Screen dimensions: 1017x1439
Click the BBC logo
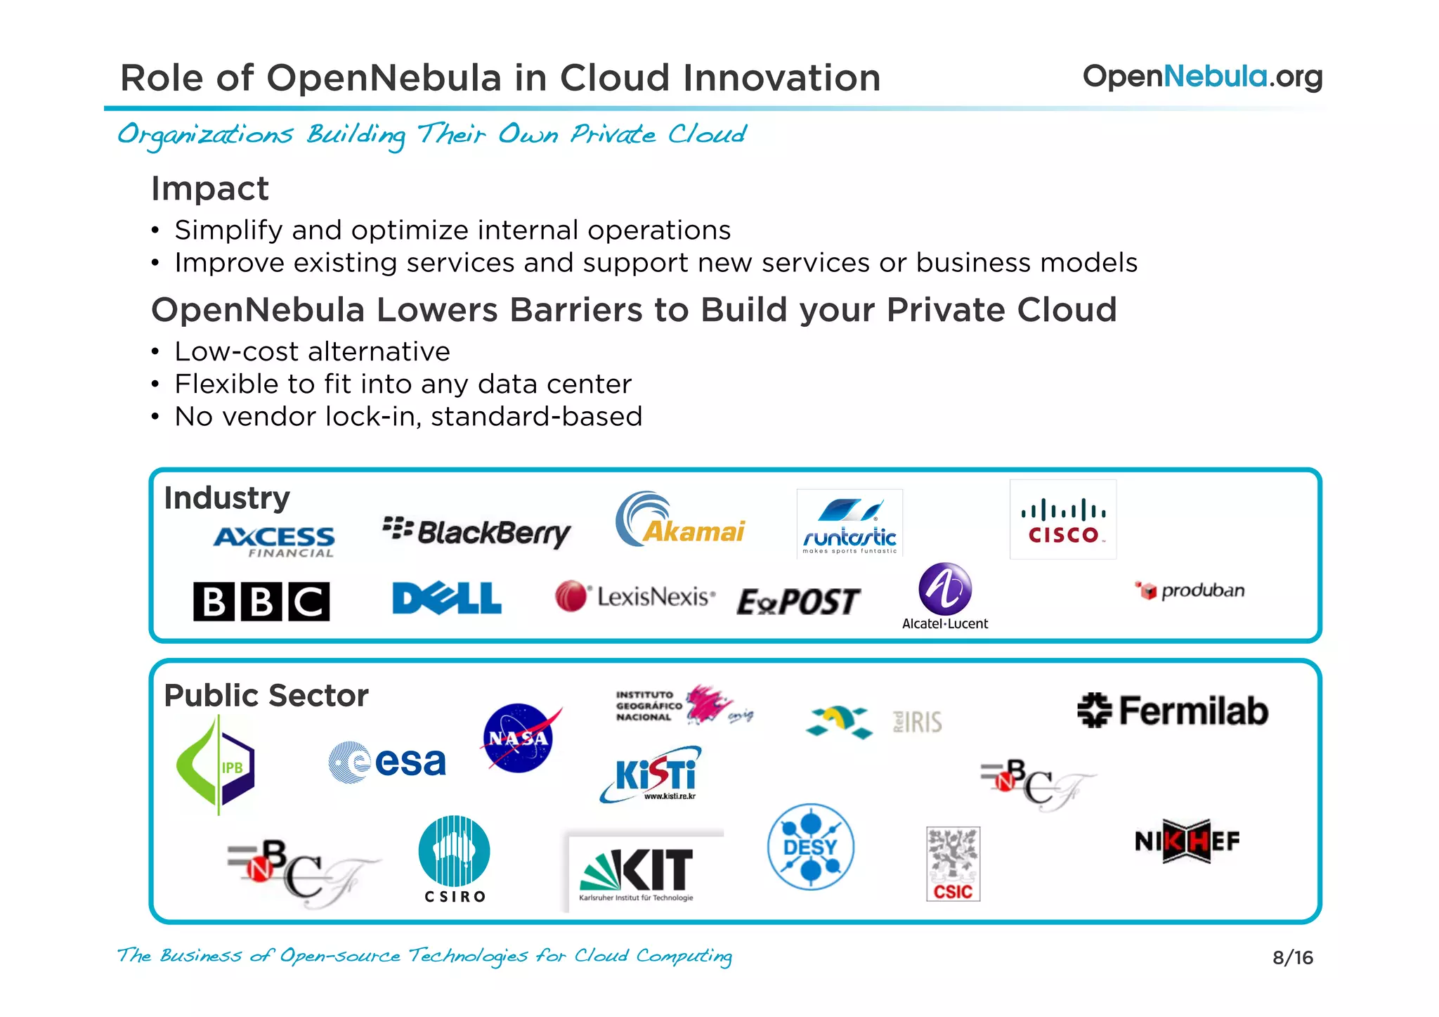coord(261,602)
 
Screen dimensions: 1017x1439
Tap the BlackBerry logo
coord(476,532)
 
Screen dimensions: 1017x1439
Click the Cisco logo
coord(1062,520)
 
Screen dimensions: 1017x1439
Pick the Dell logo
coord(447,598)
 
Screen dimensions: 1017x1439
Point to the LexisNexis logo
coord(635,597)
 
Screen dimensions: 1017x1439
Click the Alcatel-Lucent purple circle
coord(945,589)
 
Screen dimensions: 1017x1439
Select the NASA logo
coord(519,737)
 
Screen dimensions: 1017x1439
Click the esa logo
coord(387,762)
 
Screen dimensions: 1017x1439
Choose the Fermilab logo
coord(1173,710)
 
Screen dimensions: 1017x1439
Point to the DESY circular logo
coord(810,847)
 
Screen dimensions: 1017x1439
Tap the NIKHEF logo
coord(1187,841)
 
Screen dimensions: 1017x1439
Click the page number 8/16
coord(1292,957)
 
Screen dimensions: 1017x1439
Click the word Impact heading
coord(210,188)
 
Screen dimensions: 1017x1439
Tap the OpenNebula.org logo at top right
coord(1202,77)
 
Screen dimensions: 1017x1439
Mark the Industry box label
coord(227,498)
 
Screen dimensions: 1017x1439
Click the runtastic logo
coord(849,524)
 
